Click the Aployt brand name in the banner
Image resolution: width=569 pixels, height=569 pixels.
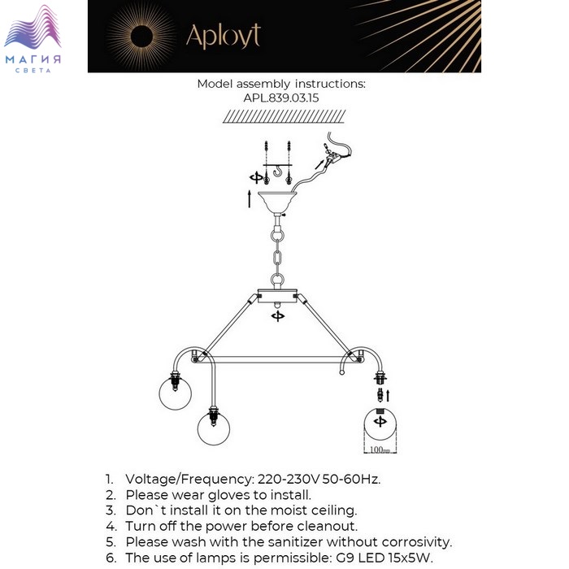pyautogui.click(x=224, y=35)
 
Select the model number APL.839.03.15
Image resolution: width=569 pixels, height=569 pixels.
pyautogui.click(x=281, y=98)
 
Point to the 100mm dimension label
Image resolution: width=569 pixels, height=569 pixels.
pyautogui.click(x=379, y=450)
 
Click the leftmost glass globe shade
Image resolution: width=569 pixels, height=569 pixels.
pyautogui.click(x=174, y=394)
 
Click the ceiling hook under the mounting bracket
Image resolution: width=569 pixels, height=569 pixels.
pyautogui.click(x=278, y=172)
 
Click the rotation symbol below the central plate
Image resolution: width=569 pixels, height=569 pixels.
pyautogui.click(x=279, y=316)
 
